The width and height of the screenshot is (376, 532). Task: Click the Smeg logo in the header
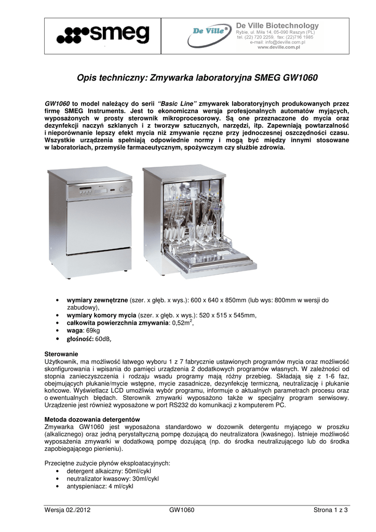[x=103, y=35]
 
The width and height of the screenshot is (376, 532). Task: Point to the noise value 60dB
[x=102, y=339]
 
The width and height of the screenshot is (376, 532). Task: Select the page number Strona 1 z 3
[x=330, y=510]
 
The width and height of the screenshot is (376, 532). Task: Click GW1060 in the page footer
[x=182, y=510]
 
